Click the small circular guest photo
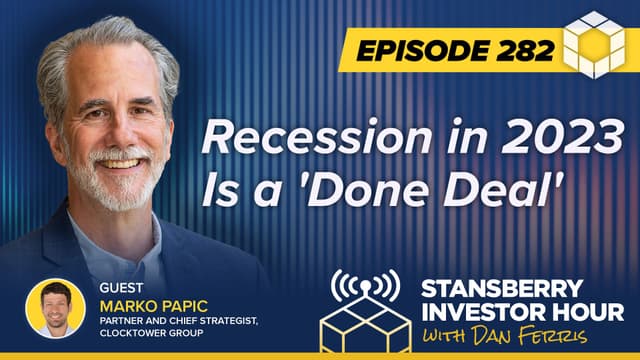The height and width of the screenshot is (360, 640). click(55, 309)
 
